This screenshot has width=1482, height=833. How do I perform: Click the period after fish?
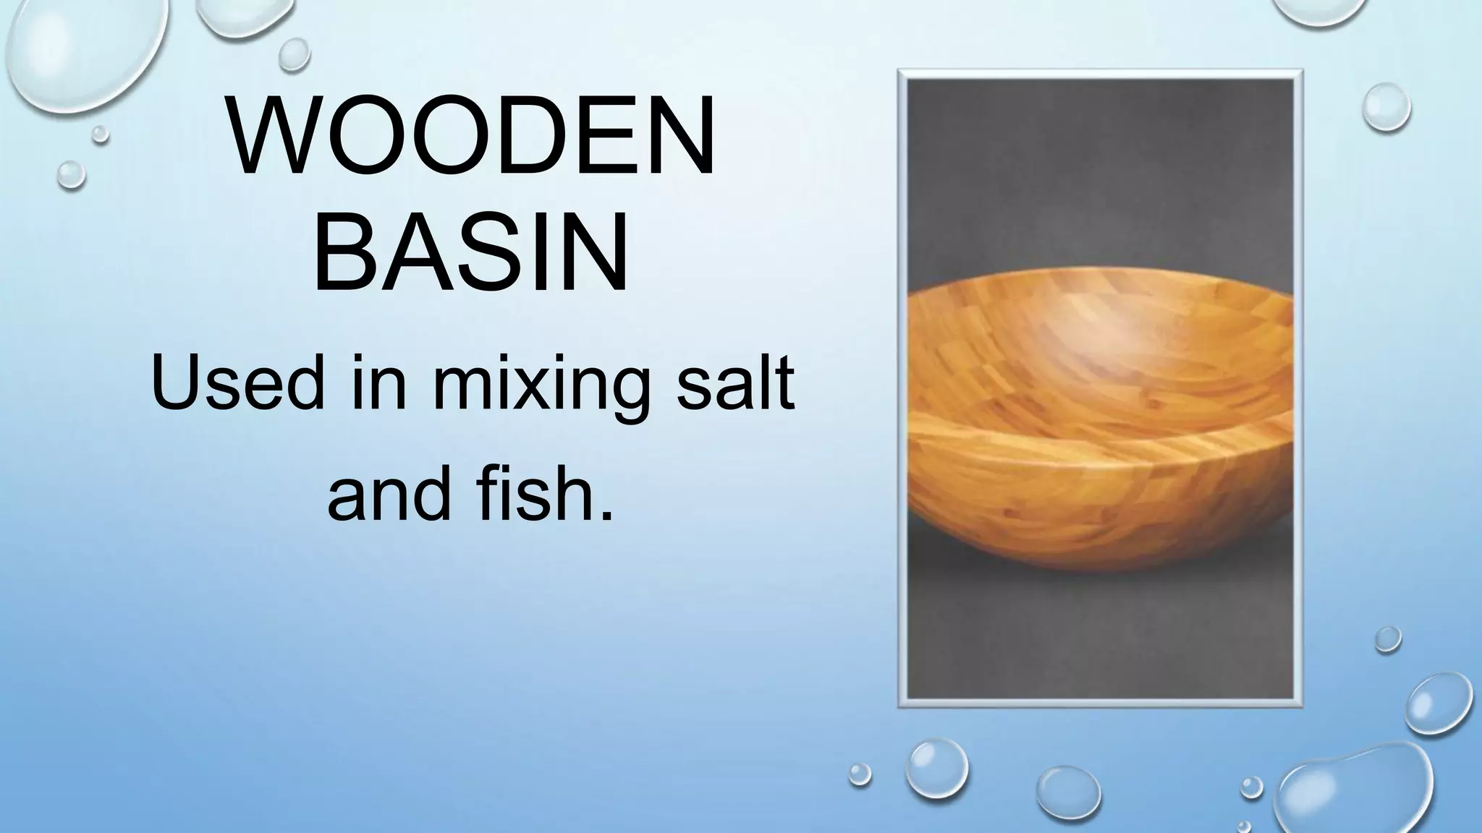click(606, 515)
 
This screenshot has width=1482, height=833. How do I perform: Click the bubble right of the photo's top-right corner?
click(1386, 107)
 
